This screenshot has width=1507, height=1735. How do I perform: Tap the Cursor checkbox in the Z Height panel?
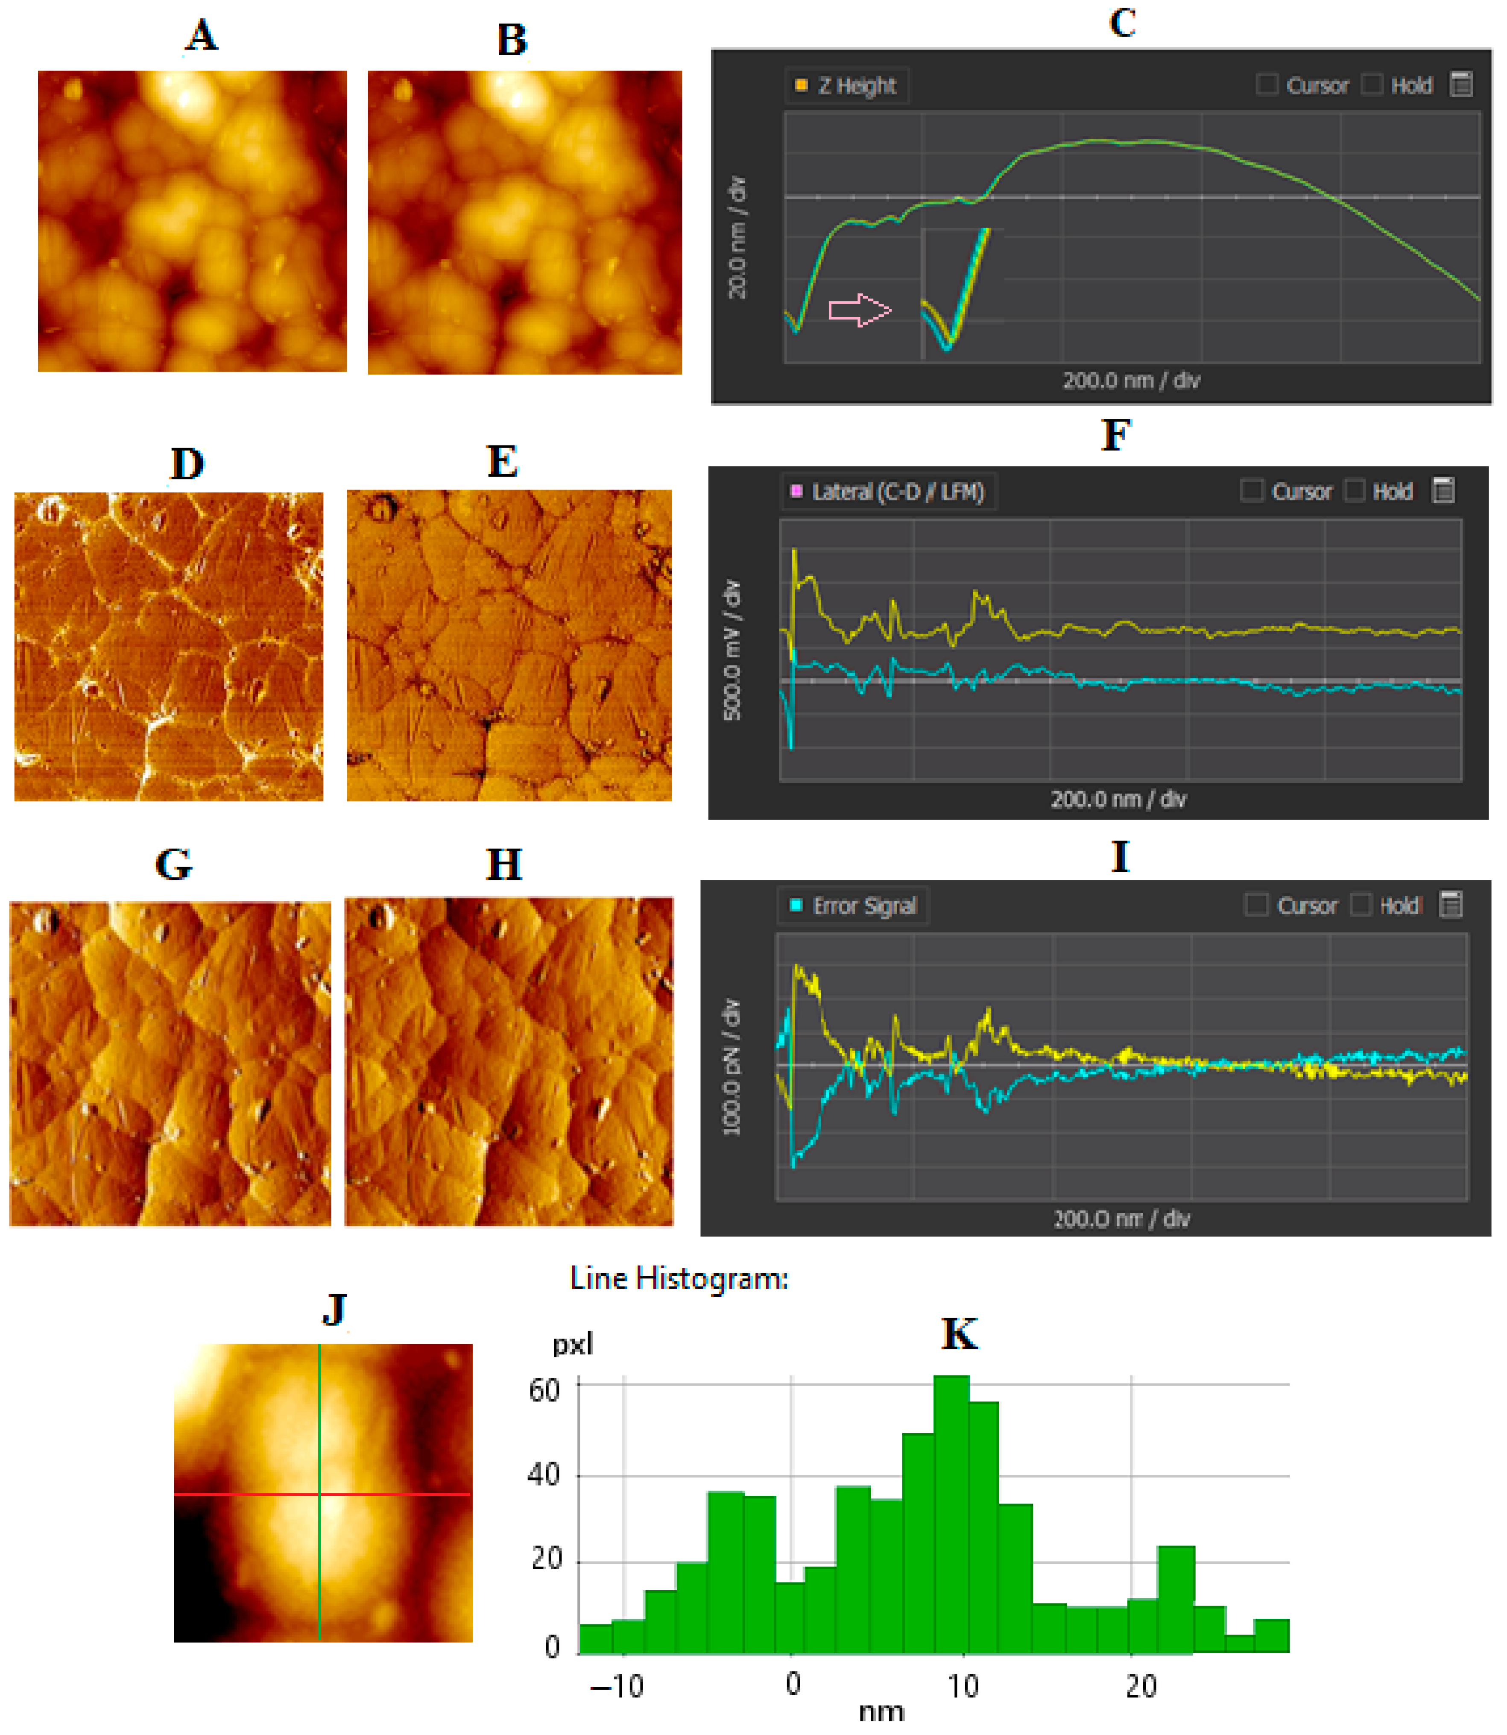1267,85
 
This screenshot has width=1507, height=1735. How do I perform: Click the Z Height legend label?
856,86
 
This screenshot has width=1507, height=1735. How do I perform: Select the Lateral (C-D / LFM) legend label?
897,492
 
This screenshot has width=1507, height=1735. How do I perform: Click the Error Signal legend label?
863,906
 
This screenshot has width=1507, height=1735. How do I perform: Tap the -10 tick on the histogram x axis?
617,1686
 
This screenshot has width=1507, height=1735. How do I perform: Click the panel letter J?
335,1310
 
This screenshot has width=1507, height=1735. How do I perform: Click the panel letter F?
1116,436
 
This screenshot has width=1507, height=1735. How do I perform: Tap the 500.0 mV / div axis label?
732,649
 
